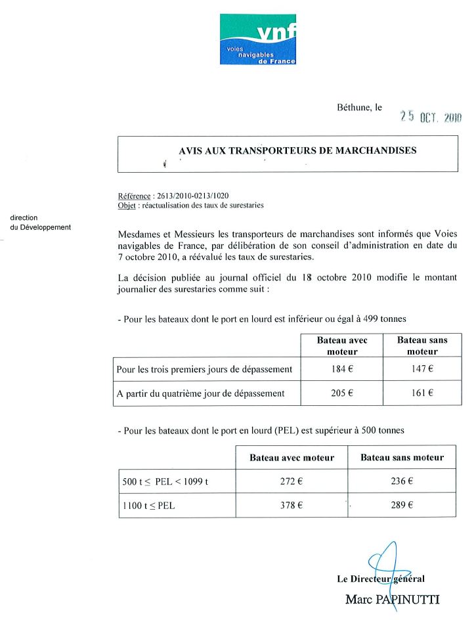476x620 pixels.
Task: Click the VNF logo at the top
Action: (257, 39)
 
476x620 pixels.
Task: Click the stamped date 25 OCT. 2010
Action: (431, 117)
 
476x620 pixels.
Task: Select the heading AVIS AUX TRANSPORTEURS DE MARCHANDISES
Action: (297, 150)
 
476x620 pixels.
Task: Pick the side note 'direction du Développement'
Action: (40, 223)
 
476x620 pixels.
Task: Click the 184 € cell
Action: (342, 369)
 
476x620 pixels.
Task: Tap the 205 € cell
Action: (342, 393)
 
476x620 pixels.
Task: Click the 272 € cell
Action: (291, 481)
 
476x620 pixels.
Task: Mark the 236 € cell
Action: (401, 481)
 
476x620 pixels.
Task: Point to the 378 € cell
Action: (291, 505)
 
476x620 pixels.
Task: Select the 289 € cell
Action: (401, 505)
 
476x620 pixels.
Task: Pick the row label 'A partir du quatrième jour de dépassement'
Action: (200, 394)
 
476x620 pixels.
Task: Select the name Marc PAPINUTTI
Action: (392, 599)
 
